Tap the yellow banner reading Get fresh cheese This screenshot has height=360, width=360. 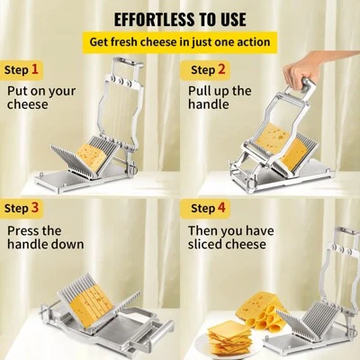[x=180, y=42]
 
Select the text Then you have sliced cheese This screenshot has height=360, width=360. [x=228, y=237]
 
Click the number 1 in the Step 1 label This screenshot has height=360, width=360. [x=35, y=69]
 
